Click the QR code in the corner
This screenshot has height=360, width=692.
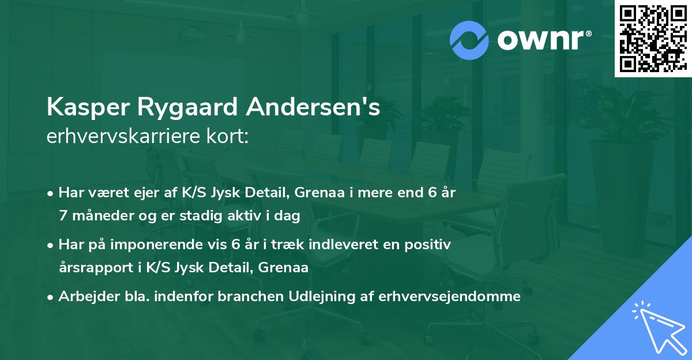[x=653, y=39]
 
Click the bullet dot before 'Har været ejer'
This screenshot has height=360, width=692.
[x=51, y=193]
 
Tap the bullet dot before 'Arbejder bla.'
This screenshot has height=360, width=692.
[x=51, y=297]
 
